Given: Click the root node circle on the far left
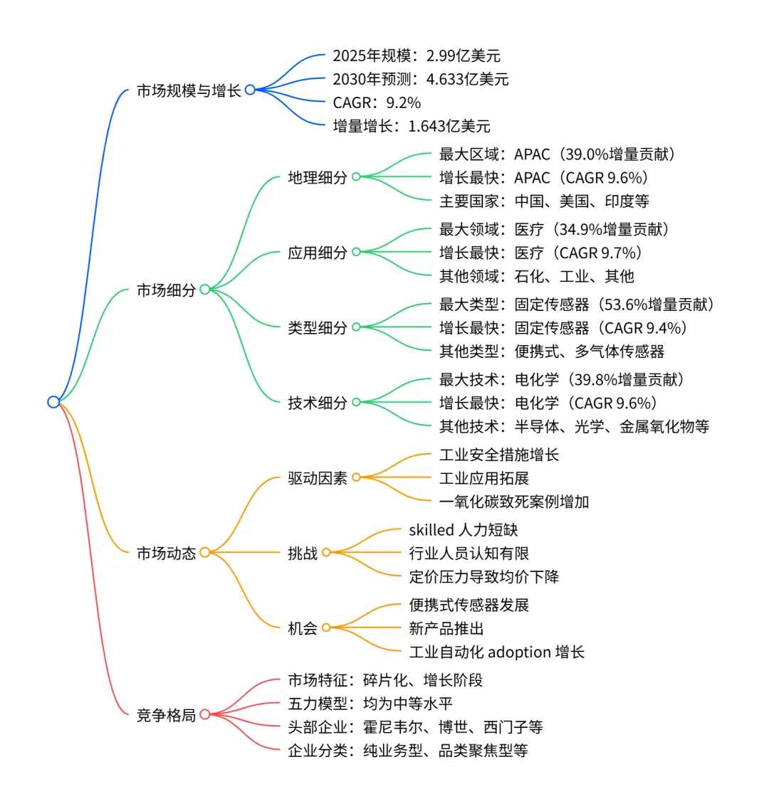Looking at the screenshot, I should tap(53, 402).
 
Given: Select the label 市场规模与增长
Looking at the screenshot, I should tap(189, 90).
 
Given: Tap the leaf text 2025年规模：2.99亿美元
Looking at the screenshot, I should tap(417, 55).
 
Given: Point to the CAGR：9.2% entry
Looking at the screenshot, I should tap(377, 102).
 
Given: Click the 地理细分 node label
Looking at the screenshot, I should tap(318, 177).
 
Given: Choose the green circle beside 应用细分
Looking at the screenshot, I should tap(356, 252).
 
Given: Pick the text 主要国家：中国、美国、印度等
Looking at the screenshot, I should tap(544, 201).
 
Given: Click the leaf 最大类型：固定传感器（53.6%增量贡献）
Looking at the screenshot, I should tap(577, 305).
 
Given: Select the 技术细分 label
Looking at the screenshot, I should tap(318, 403).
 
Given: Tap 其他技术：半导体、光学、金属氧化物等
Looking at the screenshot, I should tap(574, 426).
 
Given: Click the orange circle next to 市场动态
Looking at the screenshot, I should tap(205, 552).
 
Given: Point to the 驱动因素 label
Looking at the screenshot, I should tap(318, 478).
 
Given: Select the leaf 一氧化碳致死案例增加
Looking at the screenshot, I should tap(514, 502).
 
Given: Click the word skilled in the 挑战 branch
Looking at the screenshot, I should tap(431, 529).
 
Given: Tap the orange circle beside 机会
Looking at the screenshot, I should tap(326, 628).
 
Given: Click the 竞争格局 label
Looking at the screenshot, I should tap(166, 714).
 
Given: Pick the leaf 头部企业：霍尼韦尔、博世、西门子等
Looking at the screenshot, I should tap(415, 726).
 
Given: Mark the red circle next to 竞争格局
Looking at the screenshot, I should tap(205, 714).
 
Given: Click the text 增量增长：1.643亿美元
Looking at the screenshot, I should tap(412, 126).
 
